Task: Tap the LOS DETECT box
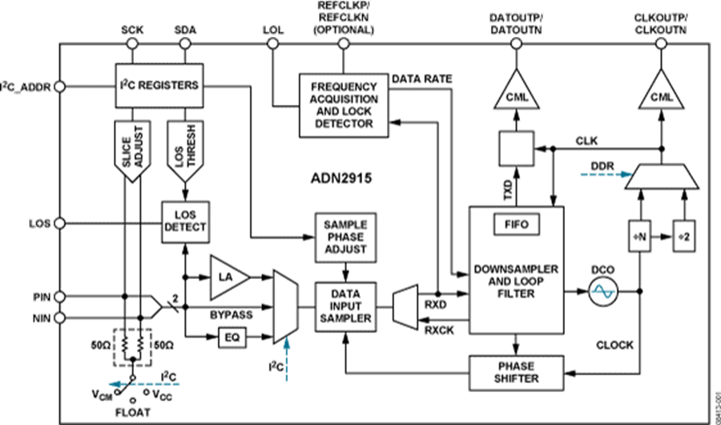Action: pos(184,221)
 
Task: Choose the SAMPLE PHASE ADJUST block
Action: pos(344,235)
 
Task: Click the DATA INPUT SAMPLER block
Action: pos(344,307)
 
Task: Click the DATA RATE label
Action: pos(421,79)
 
